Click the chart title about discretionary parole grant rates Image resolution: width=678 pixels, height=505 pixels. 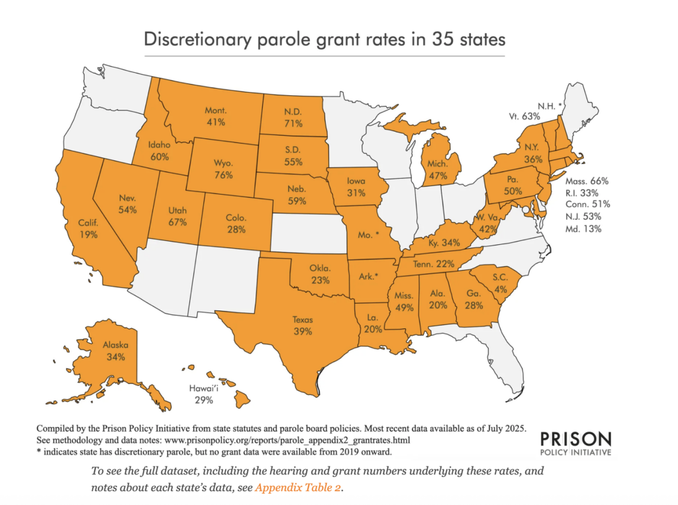324,39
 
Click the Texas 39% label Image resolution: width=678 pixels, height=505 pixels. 303,325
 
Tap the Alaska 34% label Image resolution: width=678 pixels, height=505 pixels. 115,351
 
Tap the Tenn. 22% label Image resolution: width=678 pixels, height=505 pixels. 432,263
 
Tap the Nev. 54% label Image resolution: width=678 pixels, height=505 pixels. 128,204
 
